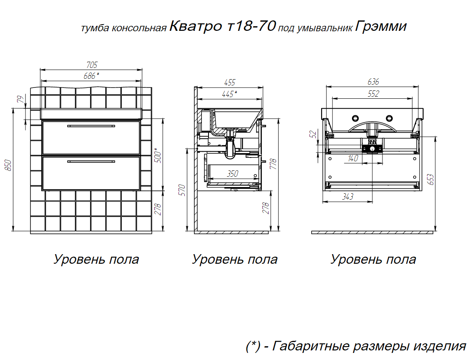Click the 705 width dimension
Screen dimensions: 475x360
(92, 65)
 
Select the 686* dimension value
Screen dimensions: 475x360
(91, 76)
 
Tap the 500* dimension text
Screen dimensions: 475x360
(158, 155)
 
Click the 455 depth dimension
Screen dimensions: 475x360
(230, 82)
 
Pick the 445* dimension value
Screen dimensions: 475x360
(229, 94)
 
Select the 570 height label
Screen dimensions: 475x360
(182, 190)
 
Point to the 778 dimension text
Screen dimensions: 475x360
(273, 164)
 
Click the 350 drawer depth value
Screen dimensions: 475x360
(233, 173)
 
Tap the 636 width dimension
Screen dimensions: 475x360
(373, 82)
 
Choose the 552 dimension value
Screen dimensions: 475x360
(373, 94)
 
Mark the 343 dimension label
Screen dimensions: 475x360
(348, 197)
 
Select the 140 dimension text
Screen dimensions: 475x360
(353, 158)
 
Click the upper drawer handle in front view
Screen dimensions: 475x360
(91, 126)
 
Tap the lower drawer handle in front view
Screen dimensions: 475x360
(91, 162)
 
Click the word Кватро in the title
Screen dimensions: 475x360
(196, 26)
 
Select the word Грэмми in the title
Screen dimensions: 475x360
(381, 26)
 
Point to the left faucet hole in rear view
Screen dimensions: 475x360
(355, 118)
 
